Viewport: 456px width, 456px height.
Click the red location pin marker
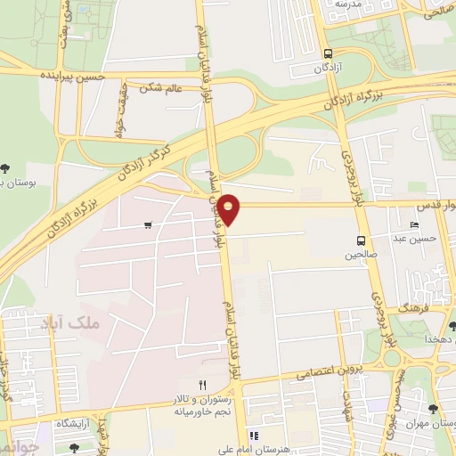pos(229,208)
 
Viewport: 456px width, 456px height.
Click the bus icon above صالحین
pos(361,240)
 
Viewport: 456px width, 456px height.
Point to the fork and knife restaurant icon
pos(202,384)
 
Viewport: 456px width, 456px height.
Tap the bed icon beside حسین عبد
pos(415,225)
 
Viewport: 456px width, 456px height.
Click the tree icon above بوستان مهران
pos(432,409)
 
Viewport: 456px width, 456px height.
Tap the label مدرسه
pos(339,5)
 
